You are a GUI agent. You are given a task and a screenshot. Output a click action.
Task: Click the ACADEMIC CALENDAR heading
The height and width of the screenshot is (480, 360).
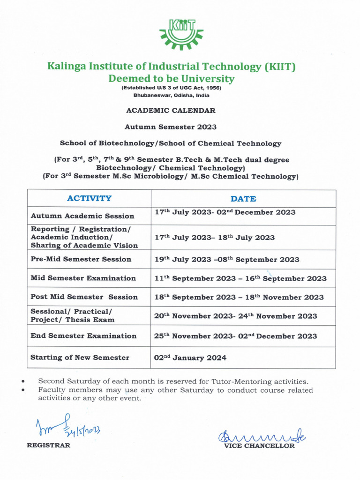171,111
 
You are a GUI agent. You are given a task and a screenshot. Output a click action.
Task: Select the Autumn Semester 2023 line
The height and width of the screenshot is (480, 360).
171,127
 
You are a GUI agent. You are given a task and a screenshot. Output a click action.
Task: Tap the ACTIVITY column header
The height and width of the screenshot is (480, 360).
89,198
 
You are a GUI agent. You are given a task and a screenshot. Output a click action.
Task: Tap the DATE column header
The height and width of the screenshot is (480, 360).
243,199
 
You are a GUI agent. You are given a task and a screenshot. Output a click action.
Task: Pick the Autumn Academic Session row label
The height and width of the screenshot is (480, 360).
82,216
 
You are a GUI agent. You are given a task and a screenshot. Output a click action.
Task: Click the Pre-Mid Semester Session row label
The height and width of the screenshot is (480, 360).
81,259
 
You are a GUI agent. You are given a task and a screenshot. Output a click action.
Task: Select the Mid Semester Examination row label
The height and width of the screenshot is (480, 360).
83,278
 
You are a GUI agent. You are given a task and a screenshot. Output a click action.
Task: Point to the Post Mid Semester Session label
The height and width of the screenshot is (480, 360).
84,297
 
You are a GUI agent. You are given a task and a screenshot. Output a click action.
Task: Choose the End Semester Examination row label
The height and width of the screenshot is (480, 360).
83,336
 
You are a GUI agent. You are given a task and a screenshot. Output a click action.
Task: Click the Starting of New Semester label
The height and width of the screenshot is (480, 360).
80,358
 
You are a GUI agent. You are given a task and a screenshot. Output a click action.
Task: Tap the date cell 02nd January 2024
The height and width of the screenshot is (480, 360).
190,358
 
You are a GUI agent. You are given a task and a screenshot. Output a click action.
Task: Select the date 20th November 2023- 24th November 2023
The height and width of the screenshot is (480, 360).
235,316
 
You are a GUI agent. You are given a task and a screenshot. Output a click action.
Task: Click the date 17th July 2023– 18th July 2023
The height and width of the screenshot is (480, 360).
215,237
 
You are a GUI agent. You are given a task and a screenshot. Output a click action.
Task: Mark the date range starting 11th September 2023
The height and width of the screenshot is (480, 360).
240,278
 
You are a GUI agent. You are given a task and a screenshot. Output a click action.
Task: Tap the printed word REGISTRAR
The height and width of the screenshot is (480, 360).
48,445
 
